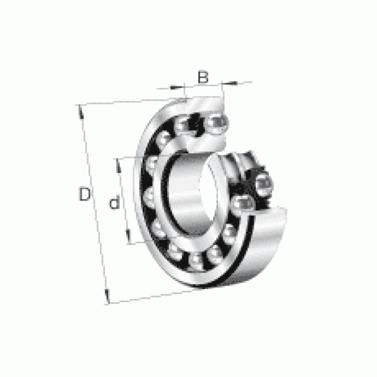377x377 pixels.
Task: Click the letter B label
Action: (203, 77)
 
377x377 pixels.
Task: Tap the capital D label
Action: (85, 194)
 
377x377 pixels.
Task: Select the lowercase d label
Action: (114, 202)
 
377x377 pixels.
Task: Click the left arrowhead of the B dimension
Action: (177, 87)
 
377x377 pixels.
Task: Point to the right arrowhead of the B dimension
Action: (229, 83)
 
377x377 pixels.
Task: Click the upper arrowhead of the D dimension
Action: (81, 112)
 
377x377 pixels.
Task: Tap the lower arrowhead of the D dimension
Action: (107, 296)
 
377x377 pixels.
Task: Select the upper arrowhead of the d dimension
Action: (118, 166)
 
